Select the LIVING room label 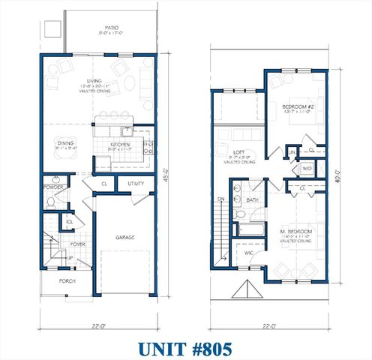click(94, 82)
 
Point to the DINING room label click(67, 142)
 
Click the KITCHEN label click(120, 145)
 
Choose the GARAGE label click(124, 237)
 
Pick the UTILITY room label click(136, 183)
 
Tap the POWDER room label click(52, 187)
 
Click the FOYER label click(78, 244)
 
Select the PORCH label click(67, 281)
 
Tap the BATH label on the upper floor click(253, 200)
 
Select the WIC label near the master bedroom click(248, 253)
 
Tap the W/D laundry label click(306, 169)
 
